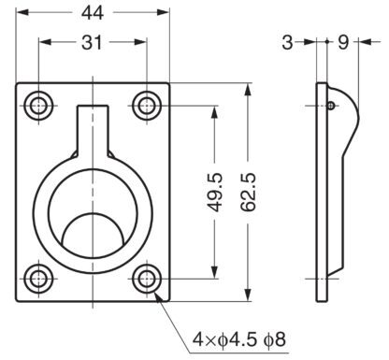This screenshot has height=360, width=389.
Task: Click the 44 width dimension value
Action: pos(93,13)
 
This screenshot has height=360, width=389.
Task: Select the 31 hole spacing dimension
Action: pos(92,43)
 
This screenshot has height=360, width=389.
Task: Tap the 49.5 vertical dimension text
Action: pos(215,193)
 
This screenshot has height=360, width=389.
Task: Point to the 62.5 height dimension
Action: pos(249,193)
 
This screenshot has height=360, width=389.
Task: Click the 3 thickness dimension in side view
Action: pos(287,42)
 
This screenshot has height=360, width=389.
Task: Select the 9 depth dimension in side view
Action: pos(343,42)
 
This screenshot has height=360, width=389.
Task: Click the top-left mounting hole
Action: pos(38,106)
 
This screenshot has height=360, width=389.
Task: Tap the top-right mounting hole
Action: pos(147,106)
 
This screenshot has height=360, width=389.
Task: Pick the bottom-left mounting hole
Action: pos(38,279)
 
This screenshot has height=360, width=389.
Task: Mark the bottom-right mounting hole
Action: pos(147,279)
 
